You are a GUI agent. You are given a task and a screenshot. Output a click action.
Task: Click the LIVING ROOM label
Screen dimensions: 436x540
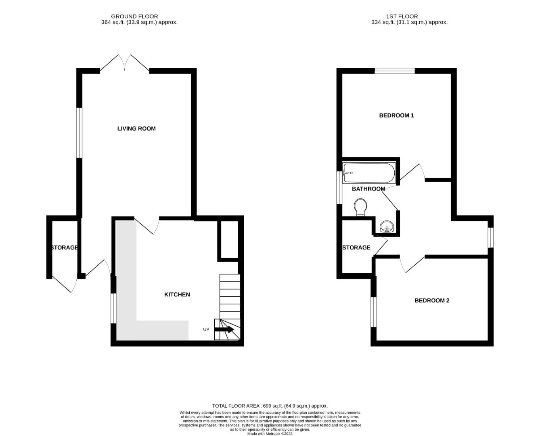point(136,129)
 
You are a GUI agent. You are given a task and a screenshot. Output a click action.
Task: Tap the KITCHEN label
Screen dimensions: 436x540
point(177,295)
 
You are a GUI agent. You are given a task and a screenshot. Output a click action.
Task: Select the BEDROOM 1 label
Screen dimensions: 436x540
point(396,115)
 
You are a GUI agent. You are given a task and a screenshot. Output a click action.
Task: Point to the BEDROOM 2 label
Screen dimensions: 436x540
point(432,301)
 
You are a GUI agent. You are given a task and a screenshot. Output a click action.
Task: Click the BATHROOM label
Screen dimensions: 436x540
point(368,189)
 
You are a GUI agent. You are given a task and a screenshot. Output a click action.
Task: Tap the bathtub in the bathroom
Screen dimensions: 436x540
point(368,173)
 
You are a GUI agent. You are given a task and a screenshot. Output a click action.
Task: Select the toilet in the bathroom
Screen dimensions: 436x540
point(361,207)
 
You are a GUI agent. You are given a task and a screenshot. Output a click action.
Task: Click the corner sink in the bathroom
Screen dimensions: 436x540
point(387,226)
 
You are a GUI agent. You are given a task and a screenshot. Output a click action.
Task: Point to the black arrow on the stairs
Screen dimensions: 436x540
point(224,329)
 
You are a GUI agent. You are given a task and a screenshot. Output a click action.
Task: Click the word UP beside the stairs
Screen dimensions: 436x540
point(206,329)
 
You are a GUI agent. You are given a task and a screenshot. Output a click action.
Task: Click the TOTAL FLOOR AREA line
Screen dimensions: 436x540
point(270,406)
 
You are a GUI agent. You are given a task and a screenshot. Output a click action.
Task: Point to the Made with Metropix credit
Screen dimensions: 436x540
point(270,434)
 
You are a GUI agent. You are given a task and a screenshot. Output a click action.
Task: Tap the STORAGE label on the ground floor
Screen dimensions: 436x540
point(65,247)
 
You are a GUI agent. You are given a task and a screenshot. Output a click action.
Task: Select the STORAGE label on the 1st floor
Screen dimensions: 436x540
point(356,247)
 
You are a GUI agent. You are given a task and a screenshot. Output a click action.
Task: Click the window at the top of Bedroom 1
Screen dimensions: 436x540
point(395,71)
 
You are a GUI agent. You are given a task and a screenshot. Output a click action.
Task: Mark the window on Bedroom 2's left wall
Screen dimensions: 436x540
point(374,312)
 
